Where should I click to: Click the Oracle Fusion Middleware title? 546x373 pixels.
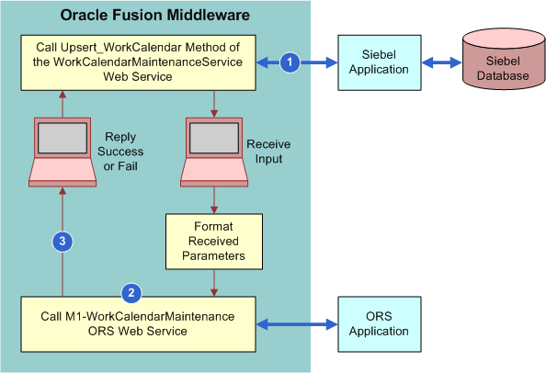pos(155,16)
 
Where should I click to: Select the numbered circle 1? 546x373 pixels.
pos(290,62)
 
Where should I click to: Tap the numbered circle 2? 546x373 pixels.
pos(131,293)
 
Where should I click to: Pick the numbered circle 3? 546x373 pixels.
pos(62,242)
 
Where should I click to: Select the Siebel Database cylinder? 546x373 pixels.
pos(500,62)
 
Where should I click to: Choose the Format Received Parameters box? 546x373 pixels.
pos(215,241)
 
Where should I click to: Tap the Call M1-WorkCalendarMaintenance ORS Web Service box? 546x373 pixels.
pos(138,323)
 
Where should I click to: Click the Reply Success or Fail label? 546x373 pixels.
pos(120,152)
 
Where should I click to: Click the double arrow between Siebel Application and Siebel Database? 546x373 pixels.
pos(434,62)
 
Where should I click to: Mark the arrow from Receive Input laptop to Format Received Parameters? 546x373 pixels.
pos(214,200)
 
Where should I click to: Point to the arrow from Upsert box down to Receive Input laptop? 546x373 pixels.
pos(214,103)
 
